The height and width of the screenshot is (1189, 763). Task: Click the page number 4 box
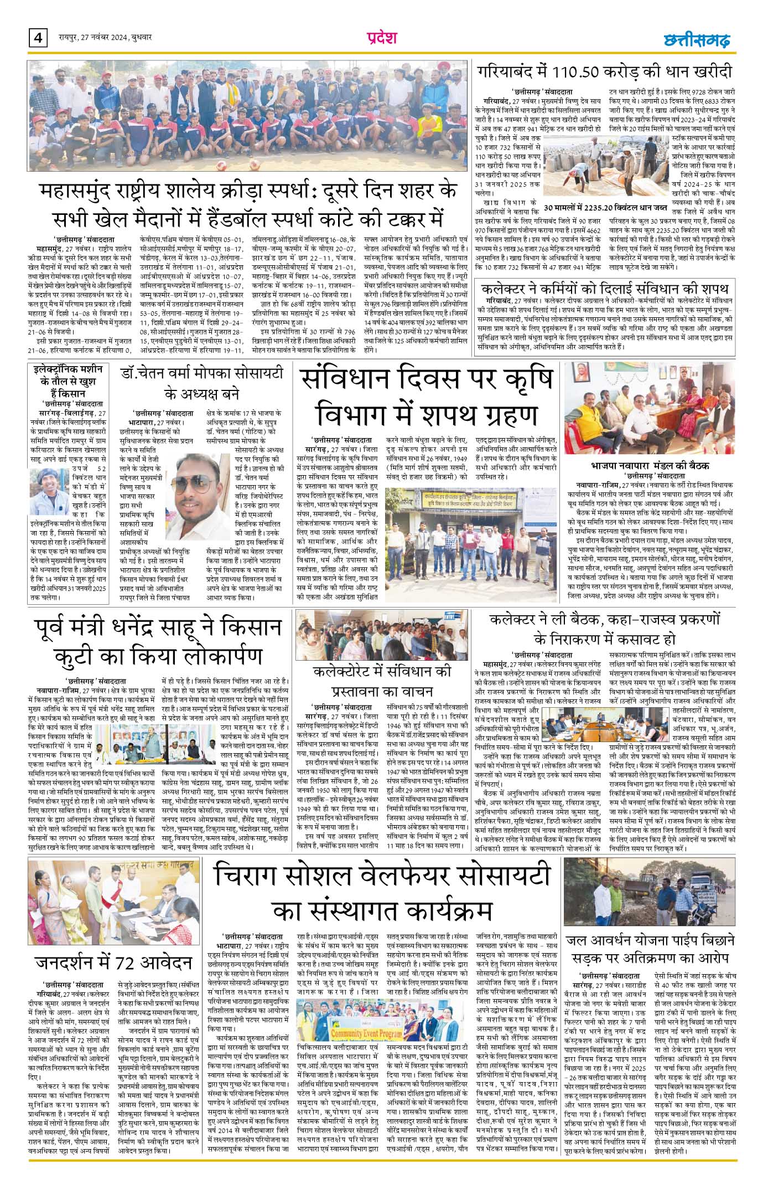point(38,38)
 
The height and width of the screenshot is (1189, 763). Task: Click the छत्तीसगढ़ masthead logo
point(696,39)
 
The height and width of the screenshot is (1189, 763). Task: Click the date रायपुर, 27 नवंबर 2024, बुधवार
point(105,38)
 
